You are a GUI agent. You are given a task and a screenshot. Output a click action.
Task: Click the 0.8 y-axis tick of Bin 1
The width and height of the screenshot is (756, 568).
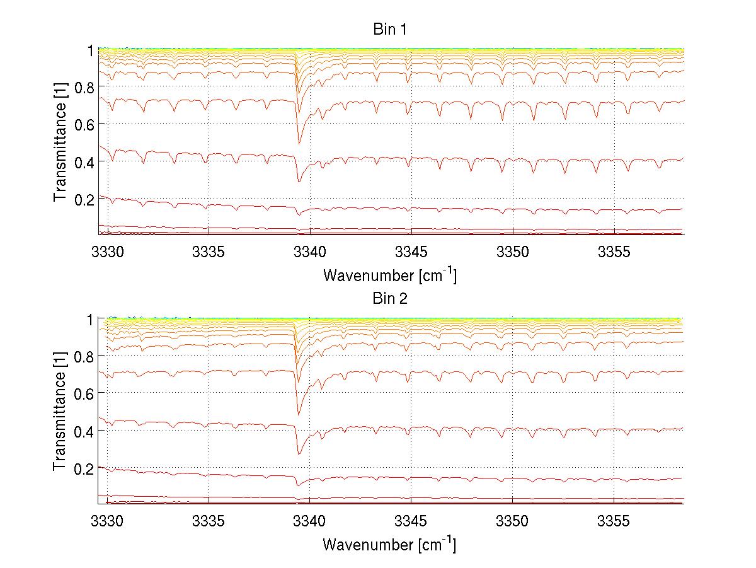(x=84, y=87)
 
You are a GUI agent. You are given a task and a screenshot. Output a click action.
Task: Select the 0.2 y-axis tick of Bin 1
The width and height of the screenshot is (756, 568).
(x=84, y=199)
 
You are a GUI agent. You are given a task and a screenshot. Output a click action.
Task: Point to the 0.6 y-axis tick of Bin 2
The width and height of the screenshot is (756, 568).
(x=84, y=393)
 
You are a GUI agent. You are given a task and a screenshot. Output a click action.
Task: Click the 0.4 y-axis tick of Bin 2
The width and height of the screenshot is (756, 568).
(x=84, y=431)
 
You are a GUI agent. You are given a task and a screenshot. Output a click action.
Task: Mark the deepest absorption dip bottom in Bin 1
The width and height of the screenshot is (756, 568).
(x=299, y=182)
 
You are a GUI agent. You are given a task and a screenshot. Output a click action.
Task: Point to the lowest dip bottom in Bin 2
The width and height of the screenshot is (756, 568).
(x=298, y=453)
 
